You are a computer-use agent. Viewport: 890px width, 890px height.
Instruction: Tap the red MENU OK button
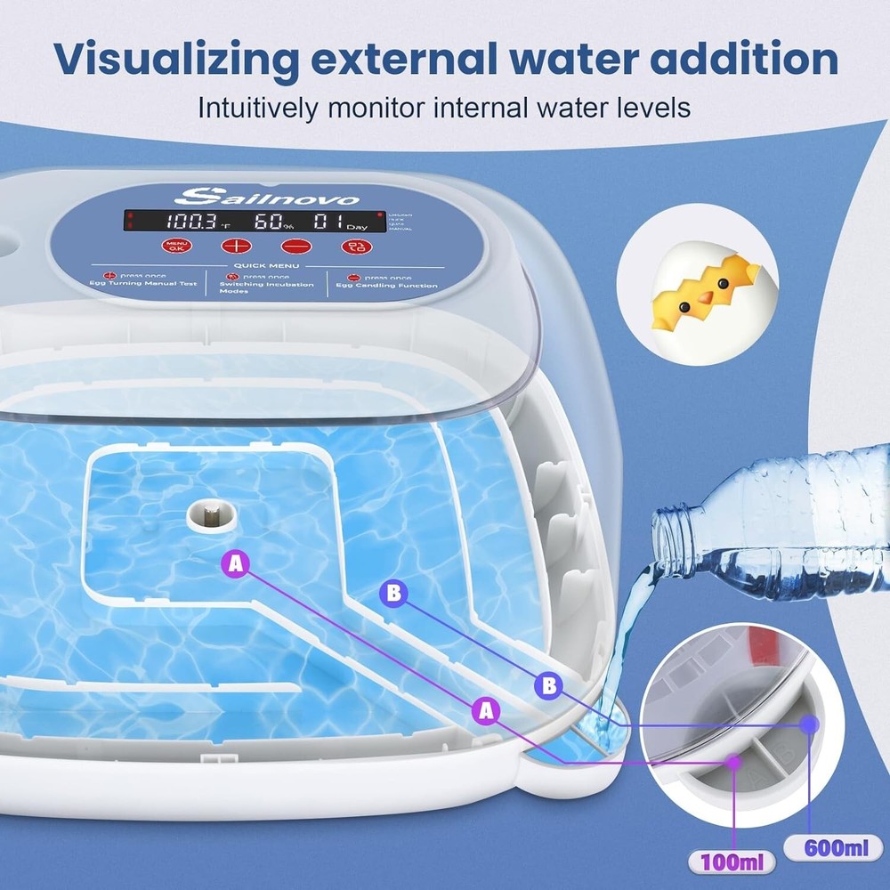click(175, 247)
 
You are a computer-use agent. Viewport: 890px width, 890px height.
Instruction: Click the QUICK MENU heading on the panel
click(264, 264)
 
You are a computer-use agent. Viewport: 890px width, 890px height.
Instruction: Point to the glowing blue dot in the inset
click(808, 724)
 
